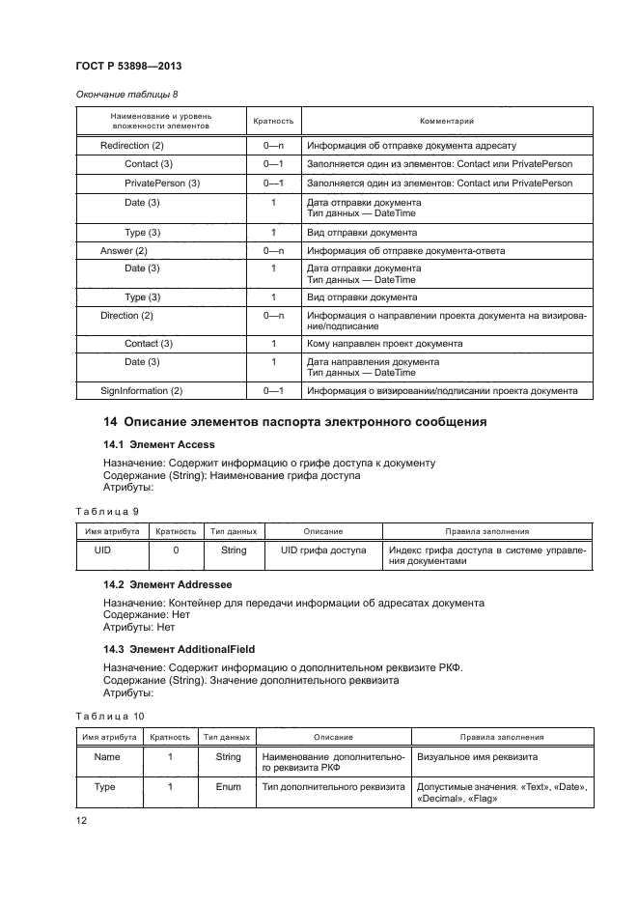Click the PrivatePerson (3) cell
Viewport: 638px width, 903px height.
tap(162, 183)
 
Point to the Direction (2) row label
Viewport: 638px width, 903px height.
tap(127, 316)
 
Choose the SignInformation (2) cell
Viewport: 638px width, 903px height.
tap(142, 391)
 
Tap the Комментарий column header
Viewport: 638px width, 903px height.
tap(446, 121)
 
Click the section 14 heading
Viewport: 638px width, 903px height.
tap(294, 422)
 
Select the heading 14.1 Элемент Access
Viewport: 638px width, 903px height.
tap(160, 443)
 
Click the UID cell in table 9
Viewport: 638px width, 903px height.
tap(103, 550)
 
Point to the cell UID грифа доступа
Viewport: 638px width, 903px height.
tap(323, 550)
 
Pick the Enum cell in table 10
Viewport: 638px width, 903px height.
tap(228, 787)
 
